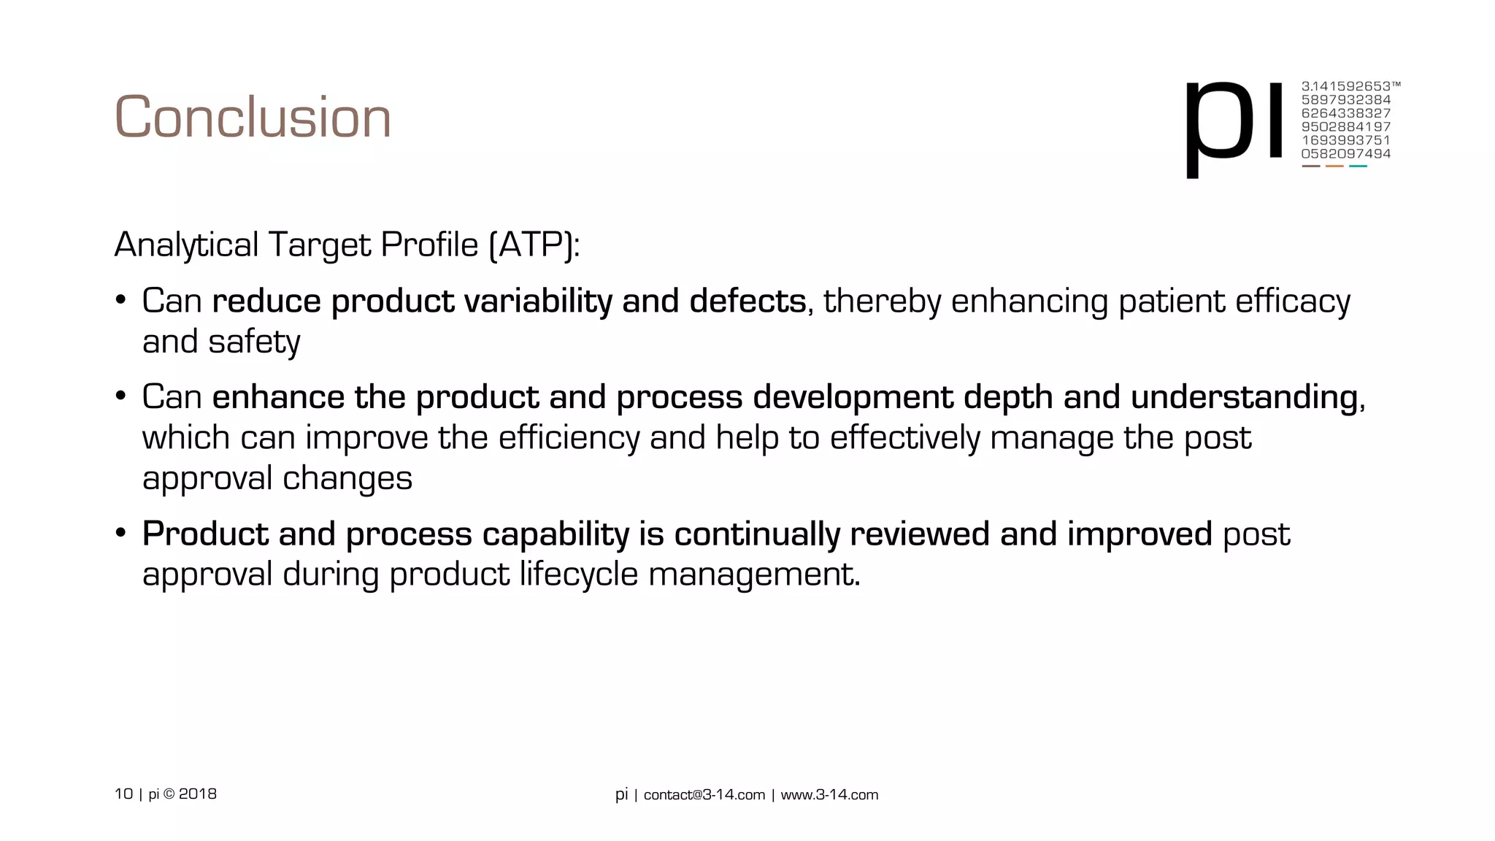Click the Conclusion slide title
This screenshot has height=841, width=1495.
[253, 118]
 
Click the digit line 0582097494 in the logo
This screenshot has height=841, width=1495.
[1345, 154]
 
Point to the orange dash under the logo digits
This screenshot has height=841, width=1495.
[1334, 166]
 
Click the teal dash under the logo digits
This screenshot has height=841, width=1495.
[1358, 166]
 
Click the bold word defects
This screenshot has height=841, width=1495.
[747, 301]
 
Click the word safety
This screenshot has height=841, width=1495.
[254, 342]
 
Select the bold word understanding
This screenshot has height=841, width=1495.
[1244, 397]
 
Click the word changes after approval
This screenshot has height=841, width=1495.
[347, 478]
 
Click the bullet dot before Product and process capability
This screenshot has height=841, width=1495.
[121, 532]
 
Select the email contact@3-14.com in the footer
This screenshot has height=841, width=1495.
[704, 795]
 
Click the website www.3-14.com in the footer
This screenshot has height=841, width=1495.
[829, 795]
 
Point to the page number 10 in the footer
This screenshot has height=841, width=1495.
[123, 794]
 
